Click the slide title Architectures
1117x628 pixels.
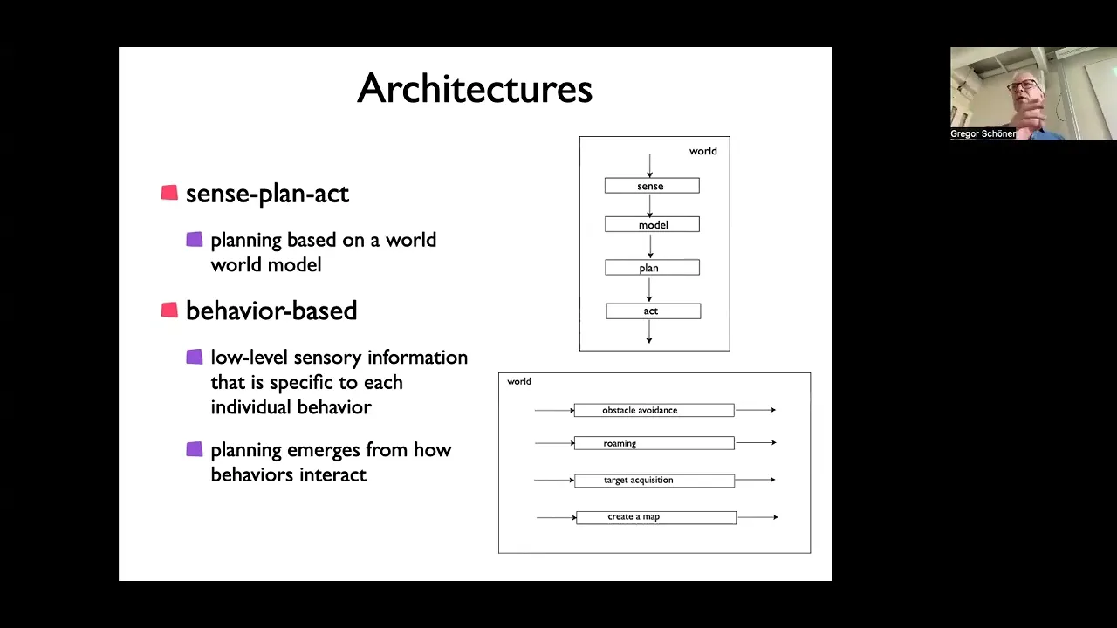click(x=475, y=89)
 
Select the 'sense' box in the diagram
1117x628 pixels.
click(x=652, y=186)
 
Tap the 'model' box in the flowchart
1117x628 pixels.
click(x=652, y=224)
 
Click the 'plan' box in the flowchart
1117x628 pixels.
click(x=652, y=267)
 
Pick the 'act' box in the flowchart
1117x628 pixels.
click(x=654, y=311)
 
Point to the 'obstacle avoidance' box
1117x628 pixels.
click(x=654, y=410)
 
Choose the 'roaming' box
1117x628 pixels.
click(x=654, y=443)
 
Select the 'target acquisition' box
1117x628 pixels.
click(x=654, y=481)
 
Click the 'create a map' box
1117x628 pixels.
click(x=656, y=517)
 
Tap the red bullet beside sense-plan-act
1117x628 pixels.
click(x=169, y=193)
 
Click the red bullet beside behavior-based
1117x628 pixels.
click(x=169, y=310)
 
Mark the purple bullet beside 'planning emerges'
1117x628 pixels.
click(x=195, y=449)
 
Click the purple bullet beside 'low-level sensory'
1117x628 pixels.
click(x=195, y=357)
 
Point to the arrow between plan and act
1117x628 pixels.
click(x=648, y=290)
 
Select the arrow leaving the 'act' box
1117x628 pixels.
click(x=648, y=332)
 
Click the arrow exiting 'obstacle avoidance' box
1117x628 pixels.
click(x=756, y=410)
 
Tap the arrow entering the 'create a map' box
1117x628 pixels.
click(x=557, y=517)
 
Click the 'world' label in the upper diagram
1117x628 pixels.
click(x=703, y=151)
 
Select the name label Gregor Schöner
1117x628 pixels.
click(x=983, y=133)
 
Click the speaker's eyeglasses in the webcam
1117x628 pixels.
click(x=1022, y=85)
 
